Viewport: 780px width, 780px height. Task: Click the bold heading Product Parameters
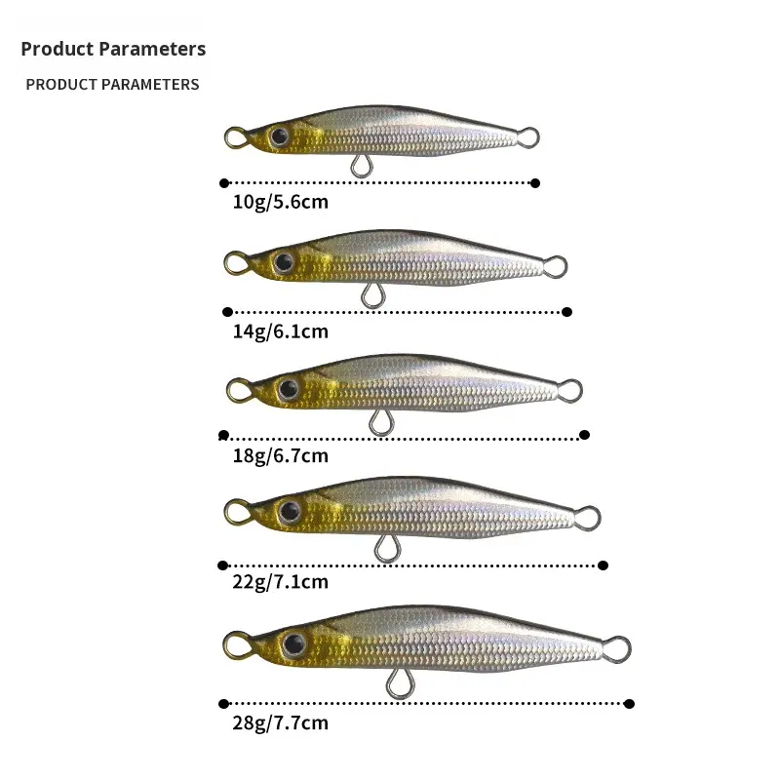click(x=113, y=49)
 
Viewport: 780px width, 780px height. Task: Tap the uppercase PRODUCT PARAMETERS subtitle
click(x=112, y=84)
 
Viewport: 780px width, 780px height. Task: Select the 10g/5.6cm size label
click(x=281, y=203)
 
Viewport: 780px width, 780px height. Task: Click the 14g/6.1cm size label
click(x=281, y=331)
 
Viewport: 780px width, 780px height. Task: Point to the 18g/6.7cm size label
click(x=281, y=455)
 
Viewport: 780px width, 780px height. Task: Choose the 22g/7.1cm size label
click(x=281, y=582)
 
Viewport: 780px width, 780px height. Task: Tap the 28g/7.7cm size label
click(x=281, y=722)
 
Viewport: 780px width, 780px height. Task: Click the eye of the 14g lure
click(x=284, y=261)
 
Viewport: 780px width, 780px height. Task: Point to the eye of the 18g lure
click(x=287, y=389)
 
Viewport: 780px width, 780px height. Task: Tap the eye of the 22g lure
click(x=289, y=510)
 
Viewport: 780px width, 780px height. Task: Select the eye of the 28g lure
click(x=292, y=643)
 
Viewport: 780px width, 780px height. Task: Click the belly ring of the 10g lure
click(x=361, y=167)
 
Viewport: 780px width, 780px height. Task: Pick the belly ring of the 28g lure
click(x=396, y=684)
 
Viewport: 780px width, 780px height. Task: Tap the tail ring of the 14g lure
click(x=555, y=265)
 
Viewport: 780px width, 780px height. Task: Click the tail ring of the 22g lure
click(x=587, y=517)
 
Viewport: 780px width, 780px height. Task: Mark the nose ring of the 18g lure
click(x=238, y=392)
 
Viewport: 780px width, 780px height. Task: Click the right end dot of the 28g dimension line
click(x=629, y=703)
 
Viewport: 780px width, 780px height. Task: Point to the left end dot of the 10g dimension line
click(x=224, y=182)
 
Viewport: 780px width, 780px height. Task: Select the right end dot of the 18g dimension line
click(x=585, y=435)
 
